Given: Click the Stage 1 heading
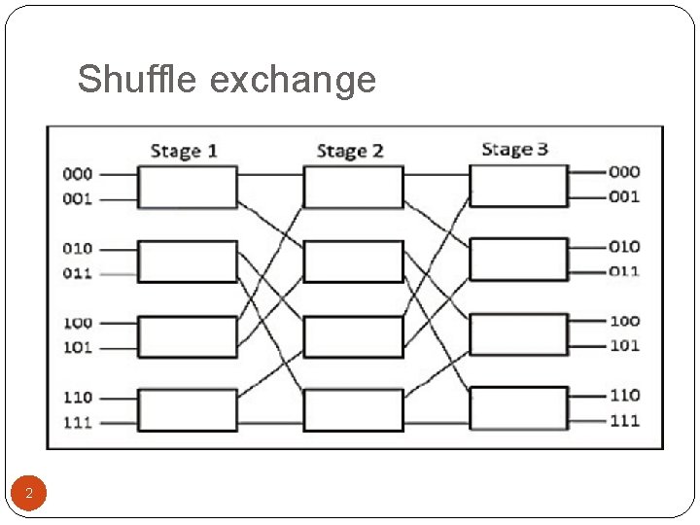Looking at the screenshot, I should pyautogui.click(x=184, y=151).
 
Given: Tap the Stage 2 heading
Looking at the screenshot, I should pyautogui.click(x=350, y=151).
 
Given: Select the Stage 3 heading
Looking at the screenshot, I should pyautogui.click(x=514, y=149).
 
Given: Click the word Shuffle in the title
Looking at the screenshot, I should pyautogui.click(x=138, y=79).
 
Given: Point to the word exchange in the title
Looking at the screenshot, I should pyautogui.click(x=293, y=81).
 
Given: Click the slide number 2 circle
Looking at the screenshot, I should pyautogui.click(x=29, y=494).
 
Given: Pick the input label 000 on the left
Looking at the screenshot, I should pyautogui.click(x=78, y=174).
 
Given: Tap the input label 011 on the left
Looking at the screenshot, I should pyautogui.click(x=78, y=273).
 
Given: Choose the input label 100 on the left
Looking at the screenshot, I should pyautogui.click(x=78, y=322).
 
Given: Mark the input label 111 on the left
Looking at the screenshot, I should pyautogui.click(x=78, y=422).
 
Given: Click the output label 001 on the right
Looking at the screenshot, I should pyautogui.click(x=624, y=197).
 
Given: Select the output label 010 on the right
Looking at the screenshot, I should pyautogui.click(x=624, y=247).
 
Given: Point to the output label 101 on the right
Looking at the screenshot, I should pyautogui.click(x=624, y=345).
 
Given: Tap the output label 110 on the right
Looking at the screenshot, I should pyautogui.click(x=624, y=395).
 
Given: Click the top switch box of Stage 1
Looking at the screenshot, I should pyautogui.click(x=187, y=187).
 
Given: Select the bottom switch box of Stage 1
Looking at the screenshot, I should pyautogui.click(x=187, y=409).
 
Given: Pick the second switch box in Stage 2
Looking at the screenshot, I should pyautogui.click(x=353, y=262).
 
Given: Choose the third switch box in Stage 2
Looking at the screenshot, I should pyautogui.click(x=353, y=336).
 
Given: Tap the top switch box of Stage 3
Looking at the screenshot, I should pyautogui.click(x=518, y=186).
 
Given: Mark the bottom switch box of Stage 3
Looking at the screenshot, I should pyautogui.click(x=518, y=408).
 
